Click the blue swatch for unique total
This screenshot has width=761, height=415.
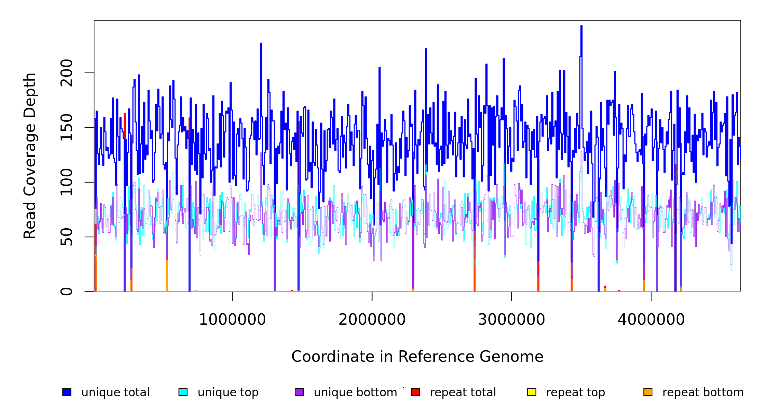[67, 392]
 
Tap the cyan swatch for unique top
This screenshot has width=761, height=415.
[183, 392]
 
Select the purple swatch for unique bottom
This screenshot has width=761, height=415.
[299, 392]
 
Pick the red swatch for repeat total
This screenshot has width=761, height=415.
[415, 392]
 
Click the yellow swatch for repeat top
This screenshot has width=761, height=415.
[532, 392]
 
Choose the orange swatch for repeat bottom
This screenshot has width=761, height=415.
[648, 392]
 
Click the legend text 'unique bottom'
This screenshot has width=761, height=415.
[355, 393]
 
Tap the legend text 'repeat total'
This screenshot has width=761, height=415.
[463, 393]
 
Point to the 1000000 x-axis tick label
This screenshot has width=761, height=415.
[232, 320]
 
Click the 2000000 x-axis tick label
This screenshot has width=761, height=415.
[372, 320]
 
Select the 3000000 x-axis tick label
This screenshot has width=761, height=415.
[511, 320]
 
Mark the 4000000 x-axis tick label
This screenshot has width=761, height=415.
[651, 320]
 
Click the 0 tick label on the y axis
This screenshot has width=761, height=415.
[66, 292]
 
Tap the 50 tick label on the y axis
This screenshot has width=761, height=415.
[66, 237]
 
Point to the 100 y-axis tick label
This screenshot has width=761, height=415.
[66, 182]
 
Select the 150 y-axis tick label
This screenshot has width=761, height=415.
[66, 128]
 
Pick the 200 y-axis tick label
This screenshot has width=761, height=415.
[66, 73]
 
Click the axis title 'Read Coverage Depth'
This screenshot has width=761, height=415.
[30, 156]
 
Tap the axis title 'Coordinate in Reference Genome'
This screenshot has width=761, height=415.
[417, 357]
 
